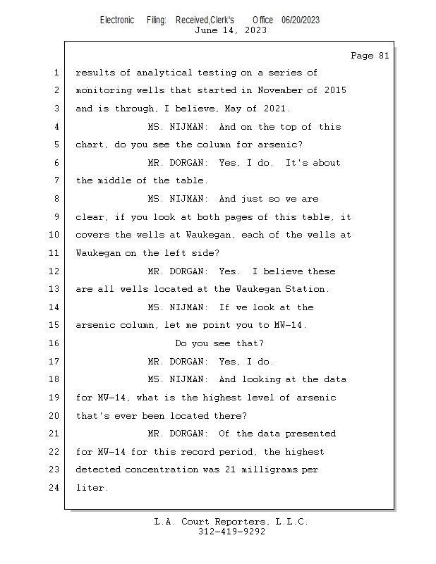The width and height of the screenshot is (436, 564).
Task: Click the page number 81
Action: pos(384,56)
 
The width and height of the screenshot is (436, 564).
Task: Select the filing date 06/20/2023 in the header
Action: pos(301,20)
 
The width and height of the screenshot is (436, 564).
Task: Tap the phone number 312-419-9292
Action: pos(231,532)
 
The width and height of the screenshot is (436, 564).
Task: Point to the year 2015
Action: pos(335,90)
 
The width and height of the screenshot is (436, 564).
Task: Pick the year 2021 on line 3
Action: pos(274,109)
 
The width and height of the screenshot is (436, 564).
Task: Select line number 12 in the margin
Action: pos(54,271)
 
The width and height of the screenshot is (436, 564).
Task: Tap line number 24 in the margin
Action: pos(54,488)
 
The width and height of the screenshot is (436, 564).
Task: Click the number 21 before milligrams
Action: pos(231,470)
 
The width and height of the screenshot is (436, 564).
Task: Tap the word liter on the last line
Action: pos(90,488)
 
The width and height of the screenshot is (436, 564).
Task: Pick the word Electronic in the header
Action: pos(117,20)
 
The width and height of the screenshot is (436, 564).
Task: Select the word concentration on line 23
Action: pos(162,470)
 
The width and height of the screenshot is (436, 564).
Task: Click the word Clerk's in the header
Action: pos(222,20)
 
